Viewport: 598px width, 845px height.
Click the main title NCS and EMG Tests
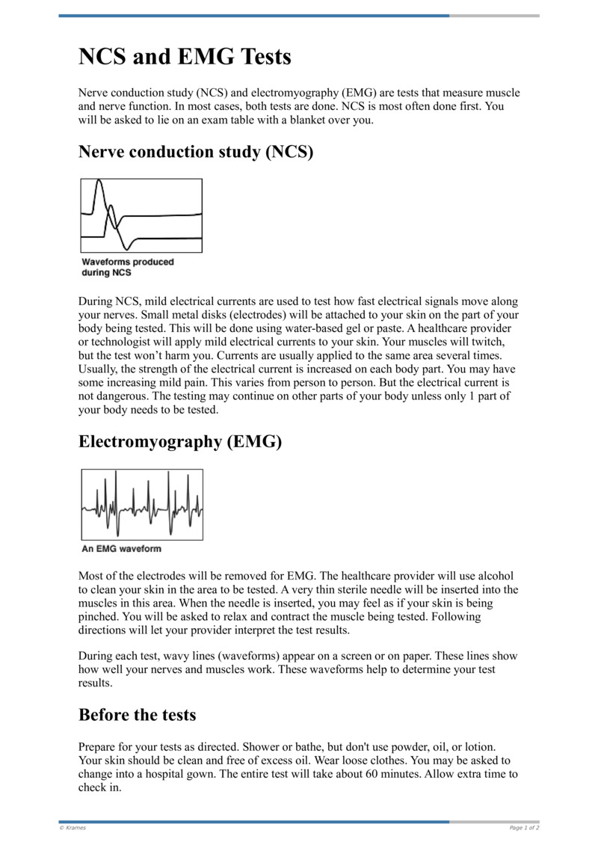(x=185, y=57)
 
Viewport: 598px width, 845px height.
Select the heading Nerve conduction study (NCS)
(x=195, y=152)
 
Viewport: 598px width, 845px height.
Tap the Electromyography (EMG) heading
(x=179, y=441)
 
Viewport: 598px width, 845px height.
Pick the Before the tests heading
(x=137, y=714)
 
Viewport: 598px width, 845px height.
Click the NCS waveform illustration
(x=141, y=215)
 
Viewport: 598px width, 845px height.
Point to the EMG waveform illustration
(x=141, y=504)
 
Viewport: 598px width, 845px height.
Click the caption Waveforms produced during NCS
(x=127, y=267)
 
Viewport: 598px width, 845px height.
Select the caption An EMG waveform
(x=121, y=549)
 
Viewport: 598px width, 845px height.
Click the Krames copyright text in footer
(x=73, y=828)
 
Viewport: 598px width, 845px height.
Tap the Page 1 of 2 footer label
(x=524, y=828)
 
